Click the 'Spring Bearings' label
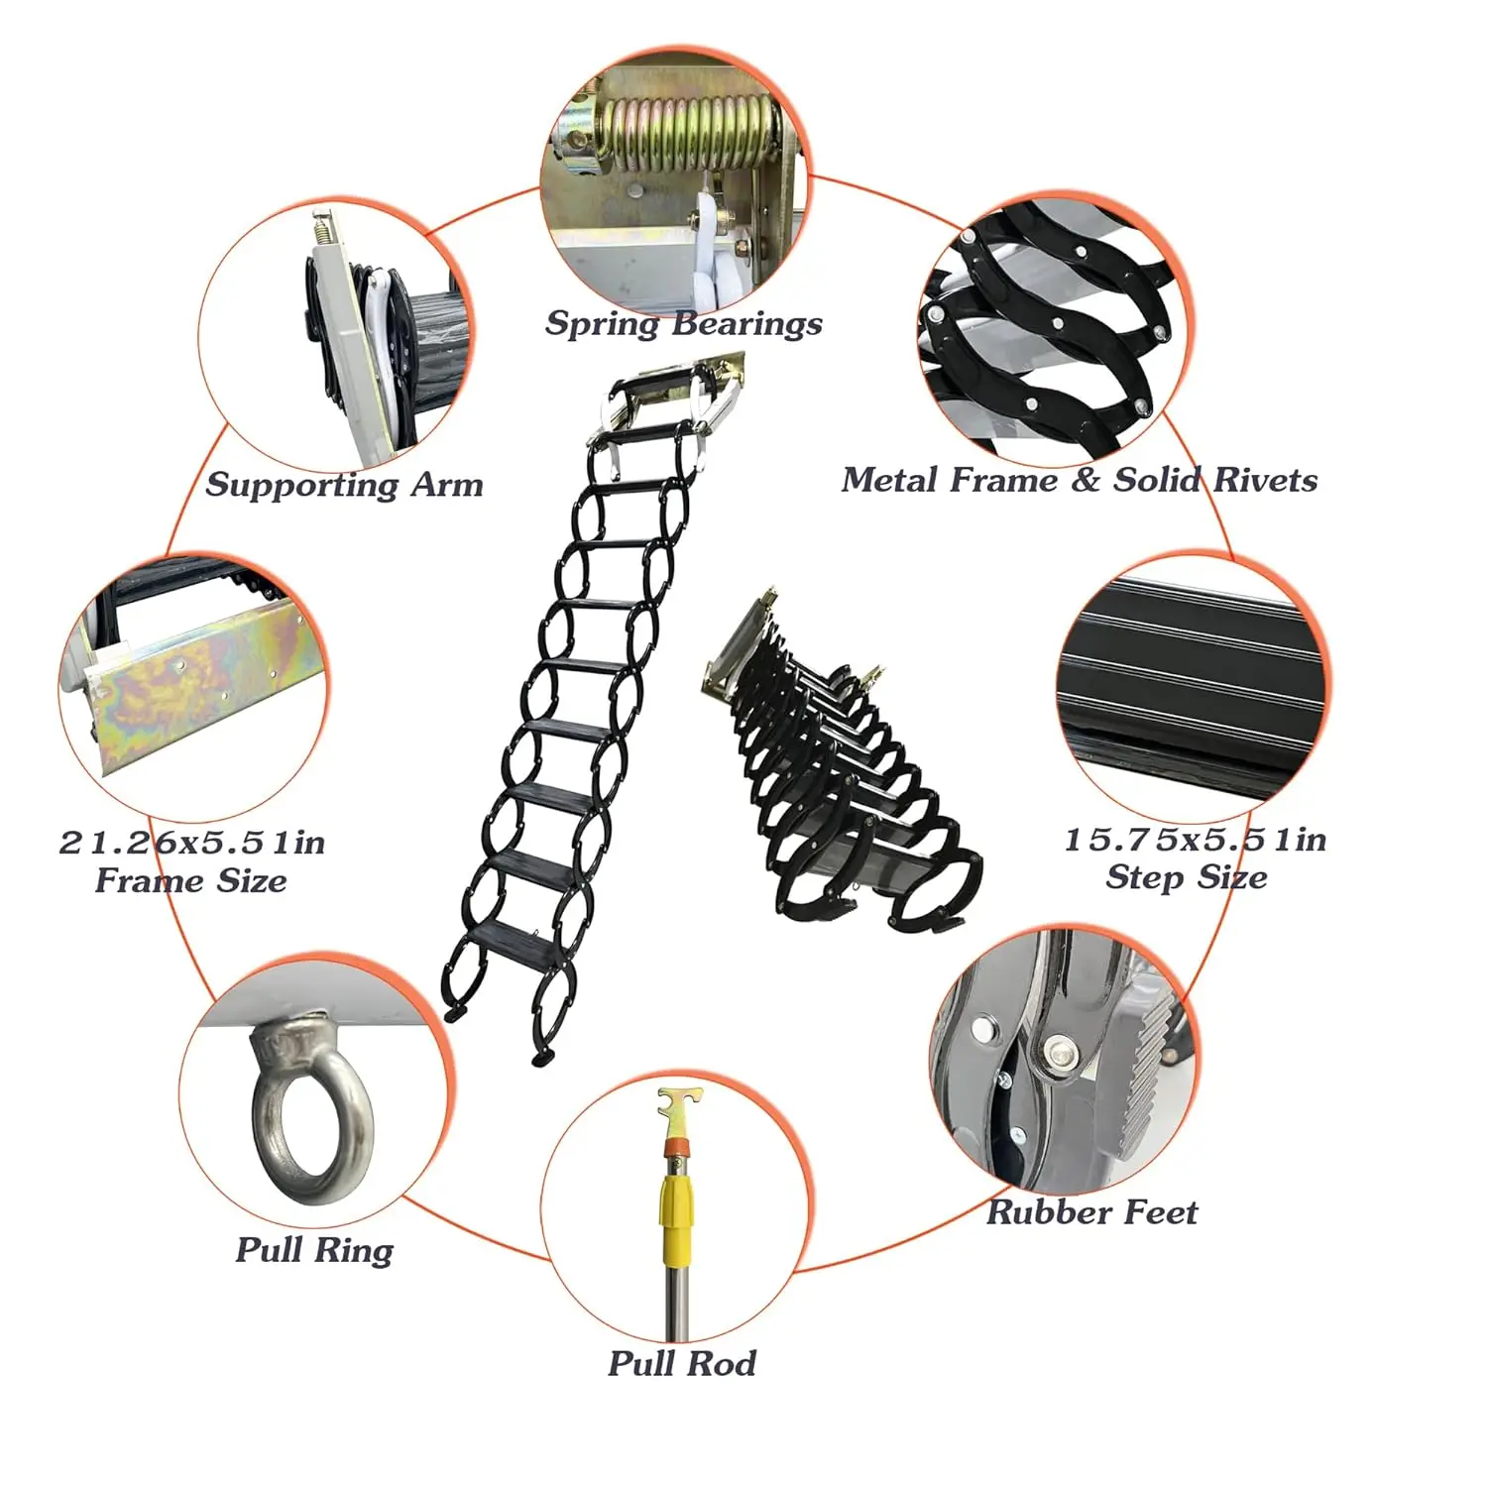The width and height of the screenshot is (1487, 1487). click(x=684, y=324)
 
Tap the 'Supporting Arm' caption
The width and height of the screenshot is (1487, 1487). click(x=345, y=485)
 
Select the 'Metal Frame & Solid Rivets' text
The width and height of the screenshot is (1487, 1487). click(x=1080, y=480)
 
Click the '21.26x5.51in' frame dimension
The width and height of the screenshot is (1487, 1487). click(x=192, y=843)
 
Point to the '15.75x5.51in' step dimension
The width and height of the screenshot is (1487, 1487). click(x=1196, y=840)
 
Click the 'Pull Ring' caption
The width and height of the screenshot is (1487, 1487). click(x=314, y=1250)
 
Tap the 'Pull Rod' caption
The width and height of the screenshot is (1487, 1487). click(x=682, y=1363)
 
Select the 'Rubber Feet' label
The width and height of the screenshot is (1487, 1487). click(x=1092, y=1211)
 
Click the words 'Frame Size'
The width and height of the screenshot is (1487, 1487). click(x=191, y=880)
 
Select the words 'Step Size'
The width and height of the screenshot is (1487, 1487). click(x=1187, y=877)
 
